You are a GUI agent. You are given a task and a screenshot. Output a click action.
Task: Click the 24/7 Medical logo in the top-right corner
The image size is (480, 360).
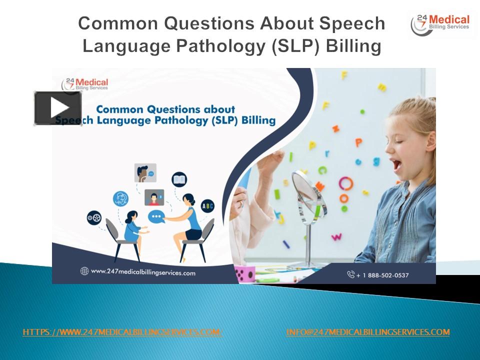[439, 24]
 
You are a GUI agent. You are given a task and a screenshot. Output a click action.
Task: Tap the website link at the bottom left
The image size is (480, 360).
[122, 332]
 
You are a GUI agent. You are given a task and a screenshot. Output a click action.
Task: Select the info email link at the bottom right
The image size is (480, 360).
[368, 332]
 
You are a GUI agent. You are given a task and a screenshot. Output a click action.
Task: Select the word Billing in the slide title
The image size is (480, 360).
[353, 46]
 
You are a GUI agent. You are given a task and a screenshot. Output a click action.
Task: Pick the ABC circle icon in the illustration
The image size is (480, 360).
[207, 205]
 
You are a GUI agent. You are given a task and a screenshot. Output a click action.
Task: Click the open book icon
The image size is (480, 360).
[179, 179]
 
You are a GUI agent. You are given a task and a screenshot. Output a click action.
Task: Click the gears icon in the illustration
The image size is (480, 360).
[94, 217]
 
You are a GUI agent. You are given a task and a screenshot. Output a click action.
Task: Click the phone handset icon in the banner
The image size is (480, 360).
[351, 274]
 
